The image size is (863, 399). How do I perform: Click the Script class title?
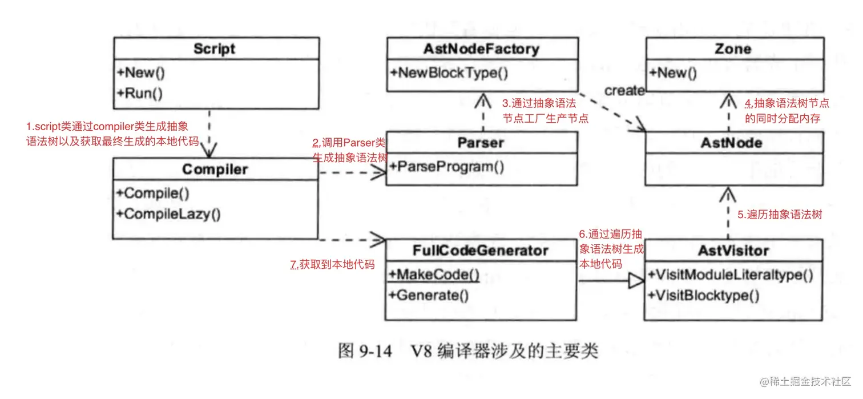coord(214,49)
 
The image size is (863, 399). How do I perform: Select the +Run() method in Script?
coord(140,94)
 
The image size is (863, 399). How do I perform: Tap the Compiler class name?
coord(215,170)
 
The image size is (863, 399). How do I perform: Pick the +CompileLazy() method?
coord(168,214)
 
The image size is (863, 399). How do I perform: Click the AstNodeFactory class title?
coord(481,49)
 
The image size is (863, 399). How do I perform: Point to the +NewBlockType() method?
coord(449,73)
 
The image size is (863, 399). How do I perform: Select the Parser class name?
coord(481,143)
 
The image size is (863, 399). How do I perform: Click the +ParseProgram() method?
coord(447,167)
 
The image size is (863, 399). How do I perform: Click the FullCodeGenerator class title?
coord(481,251)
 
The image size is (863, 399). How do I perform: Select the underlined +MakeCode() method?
coord(434,275)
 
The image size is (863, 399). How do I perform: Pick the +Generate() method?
coord(429,296)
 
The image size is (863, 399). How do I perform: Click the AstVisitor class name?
coord(733,251)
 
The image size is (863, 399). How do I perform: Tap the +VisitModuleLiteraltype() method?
coord(731,275)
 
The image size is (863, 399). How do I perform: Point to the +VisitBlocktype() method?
coord(704,296)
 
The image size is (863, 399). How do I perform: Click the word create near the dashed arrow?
coord(624,91)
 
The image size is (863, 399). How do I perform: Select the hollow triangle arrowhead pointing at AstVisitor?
coord(636,281)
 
